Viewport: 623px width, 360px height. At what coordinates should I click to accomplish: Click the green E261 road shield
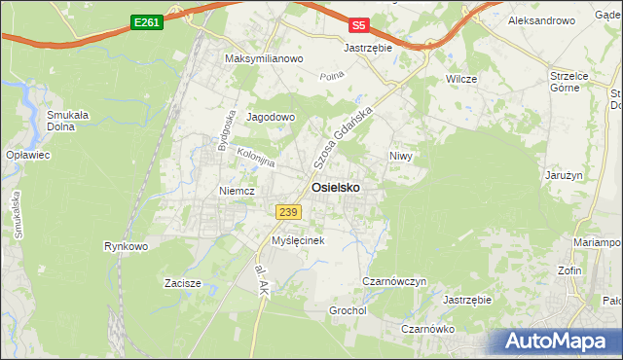click(x=146, y=22)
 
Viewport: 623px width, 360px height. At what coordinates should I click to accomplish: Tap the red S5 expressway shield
click(x=360, y=25)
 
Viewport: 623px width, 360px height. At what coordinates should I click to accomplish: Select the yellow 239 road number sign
click(x=287, y=212)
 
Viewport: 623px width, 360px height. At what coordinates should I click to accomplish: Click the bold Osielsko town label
click(x=338, y=187)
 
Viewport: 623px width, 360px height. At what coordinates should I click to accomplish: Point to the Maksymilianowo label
click(x=265, y=58)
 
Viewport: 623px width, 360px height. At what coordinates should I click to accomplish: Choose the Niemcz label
click(x=237, y=191)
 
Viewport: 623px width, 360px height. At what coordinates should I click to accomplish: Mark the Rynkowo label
click(x=126, y=246)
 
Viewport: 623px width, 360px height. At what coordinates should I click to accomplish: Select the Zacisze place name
click(x=182, y=284)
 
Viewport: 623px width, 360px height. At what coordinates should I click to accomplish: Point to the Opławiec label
click(x=27, y=155)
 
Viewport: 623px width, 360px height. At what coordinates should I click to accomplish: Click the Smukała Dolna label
click(x=68, y=120)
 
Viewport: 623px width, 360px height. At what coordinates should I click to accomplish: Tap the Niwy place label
click(x=401, y=156)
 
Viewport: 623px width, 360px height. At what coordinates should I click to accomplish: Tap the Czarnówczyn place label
click(x=394, y=281)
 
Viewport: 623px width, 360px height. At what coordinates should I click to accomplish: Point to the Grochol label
click(x=348, y=311)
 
